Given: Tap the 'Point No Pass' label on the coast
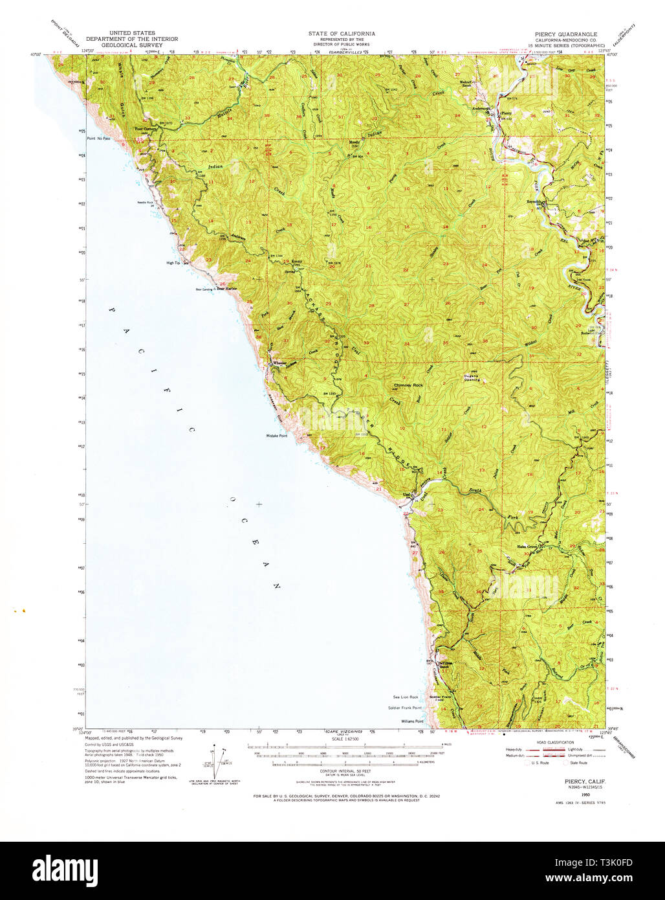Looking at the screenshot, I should (x=99, y=139).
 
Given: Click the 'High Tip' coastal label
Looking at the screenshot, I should (x=173, y=263).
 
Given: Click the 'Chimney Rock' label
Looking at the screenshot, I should (x=408, y=385).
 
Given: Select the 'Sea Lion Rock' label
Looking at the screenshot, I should (x=406, y=697).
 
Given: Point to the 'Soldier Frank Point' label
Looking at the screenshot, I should (x=405, y=708).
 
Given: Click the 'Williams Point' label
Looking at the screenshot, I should (x=411, y=721).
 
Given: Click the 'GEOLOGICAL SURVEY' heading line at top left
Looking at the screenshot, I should (x=136, y=45).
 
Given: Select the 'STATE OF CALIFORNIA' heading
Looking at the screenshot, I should (x=342, y=34).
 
